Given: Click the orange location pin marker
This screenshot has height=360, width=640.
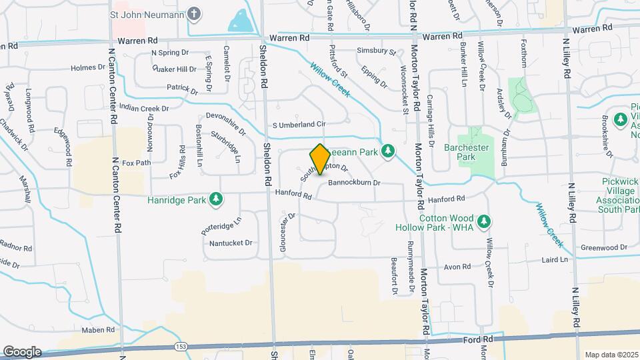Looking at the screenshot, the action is [x=319, y=159].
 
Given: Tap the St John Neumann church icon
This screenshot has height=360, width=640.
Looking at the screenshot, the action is [x=193, y=13].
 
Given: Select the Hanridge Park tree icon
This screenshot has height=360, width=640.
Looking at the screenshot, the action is [x=215, y=198].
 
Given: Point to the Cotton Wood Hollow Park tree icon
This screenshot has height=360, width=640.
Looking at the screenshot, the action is [x=485, y=221].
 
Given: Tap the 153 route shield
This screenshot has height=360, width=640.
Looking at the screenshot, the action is [x=181, y=347].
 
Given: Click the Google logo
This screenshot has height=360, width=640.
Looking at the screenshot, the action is [x=22, y=352].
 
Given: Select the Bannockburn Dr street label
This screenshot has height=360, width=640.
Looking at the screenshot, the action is [x=353, y=182].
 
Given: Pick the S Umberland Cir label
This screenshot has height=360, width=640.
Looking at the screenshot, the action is [x=299, y=125].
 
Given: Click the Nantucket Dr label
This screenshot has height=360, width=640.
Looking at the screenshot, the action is [x=231, y=243].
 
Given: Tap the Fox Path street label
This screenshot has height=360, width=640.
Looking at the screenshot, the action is [x=137, y=162].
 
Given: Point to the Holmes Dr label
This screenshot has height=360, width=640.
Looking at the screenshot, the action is [x=84, y=67].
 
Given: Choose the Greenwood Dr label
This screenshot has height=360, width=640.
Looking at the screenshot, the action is [x=604, y=247].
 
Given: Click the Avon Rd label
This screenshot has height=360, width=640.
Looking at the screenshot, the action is [x=457, y=267].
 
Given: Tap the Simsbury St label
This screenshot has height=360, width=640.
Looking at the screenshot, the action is [x=376, y=51].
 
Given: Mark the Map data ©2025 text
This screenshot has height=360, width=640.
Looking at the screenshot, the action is [x=610, y=355].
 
